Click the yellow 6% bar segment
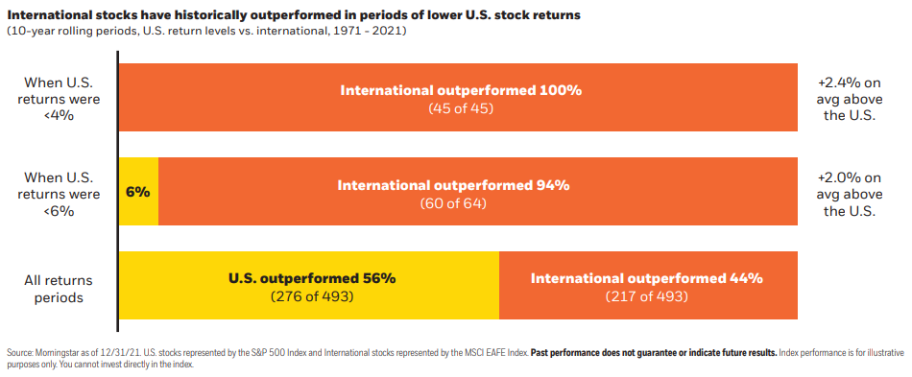coord(138,191)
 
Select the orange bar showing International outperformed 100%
coord(458,97)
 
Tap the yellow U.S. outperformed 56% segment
coord(309,285)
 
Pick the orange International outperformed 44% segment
coord(649,285)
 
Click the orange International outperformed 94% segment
coord(478,191)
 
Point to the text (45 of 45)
coord(461,108)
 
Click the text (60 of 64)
coord(453,203)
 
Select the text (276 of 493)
coord(312,296)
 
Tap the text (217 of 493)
coord(646,296)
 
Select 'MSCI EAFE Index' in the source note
coord(501,353)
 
